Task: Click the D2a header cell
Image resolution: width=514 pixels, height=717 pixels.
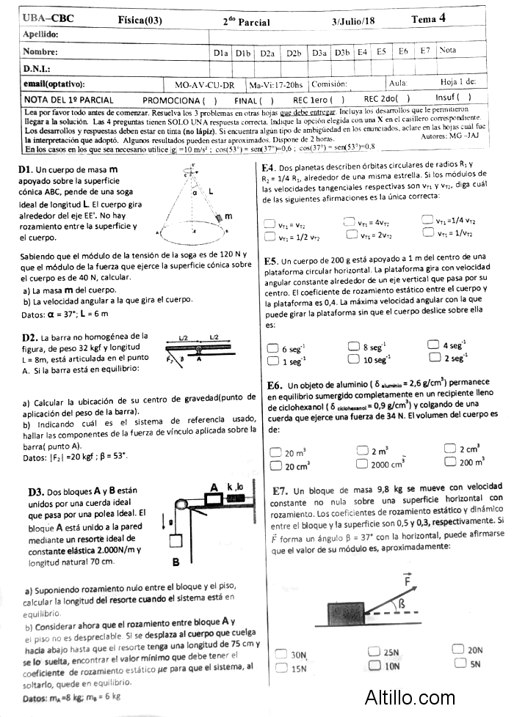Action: tap(267, 52)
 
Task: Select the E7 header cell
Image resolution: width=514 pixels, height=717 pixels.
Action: tap(425, 51)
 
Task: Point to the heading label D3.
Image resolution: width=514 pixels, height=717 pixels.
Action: tap(35, 492)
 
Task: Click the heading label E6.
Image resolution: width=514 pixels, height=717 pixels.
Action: tap(275, 385)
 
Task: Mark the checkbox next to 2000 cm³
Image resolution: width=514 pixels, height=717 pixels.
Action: tap(361, 463)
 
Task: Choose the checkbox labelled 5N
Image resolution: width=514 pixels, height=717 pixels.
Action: tap(460, 663)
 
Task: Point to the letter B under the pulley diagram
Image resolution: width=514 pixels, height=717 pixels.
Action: tap(176, 563)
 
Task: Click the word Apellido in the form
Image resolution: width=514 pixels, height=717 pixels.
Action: tap(41, 34)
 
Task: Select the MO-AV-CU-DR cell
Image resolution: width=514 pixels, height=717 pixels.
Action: tap(205, 84)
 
